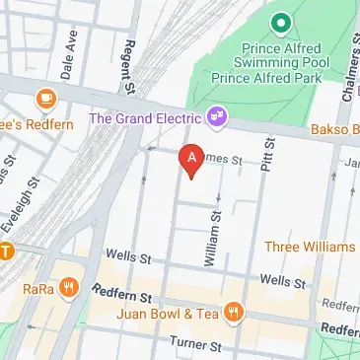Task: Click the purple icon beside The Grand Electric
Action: click(218, 117)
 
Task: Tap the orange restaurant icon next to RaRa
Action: click(67, 288)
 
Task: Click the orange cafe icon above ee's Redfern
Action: click(44, 98)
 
